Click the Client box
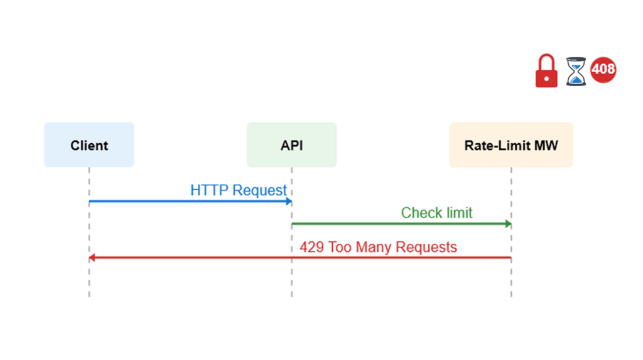click(x=89, y=145)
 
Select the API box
click(x=291, y=145)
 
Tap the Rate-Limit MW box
click(x=511, y=145)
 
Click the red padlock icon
click(x=546, y=71)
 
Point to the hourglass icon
click(x=575, y=72)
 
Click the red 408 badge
click(x=603, y=69)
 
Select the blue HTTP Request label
click(x=239, y=190)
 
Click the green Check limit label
click(x=436, y=213)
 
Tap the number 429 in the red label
click(x=311, y=247)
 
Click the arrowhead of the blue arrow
click(x=289, y=202)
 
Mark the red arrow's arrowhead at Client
click(x=92, y=258)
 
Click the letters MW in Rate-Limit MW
click(x=545, y=145)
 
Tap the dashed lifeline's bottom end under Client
click(x=89, y=295)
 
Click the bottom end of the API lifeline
click(x=291, y=295)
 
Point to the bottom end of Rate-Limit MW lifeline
click(x=511, y=295)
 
